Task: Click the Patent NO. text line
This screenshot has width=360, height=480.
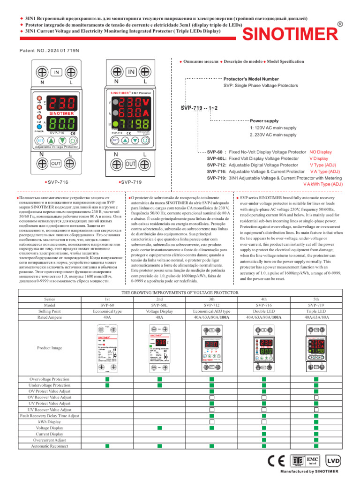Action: [49, 50]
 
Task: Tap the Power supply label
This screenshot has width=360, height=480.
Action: [264, 120]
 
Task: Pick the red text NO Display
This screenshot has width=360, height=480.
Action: [321, 152]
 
